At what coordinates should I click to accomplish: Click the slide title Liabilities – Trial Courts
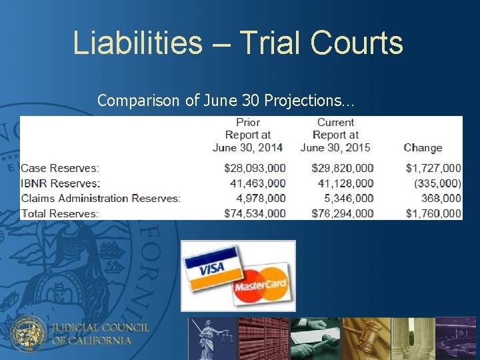238,43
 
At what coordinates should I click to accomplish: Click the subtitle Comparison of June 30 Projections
225,101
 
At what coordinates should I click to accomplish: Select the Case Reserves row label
60,168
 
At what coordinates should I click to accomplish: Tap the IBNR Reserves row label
61,183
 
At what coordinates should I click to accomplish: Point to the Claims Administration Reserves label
101,198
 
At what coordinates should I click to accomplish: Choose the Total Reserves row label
60,213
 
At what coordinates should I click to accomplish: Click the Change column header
423,148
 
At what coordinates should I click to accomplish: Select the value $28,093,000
255,168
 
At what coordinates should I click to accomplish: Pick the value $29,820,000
342,168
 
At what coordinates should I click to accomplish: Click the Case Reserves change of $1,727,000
433,168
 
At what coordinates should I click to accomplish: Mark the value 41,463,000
257,183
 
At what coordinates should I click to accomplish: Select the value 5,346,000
347,198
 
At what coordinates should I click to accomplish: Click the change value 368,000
441,198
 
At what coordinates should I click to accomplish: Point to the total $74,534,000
255,213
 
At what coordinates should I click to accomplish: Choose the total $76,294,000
342,213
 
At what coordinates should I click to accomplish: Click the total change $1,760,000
433,213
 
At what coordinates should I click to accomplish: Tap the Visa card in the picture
211,267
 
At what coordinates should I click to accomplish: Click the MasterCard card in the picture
261,285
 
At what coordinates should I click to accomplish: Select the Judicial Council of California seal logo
29,333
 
